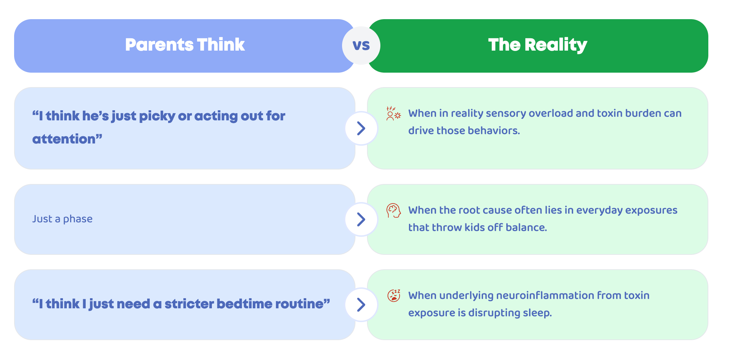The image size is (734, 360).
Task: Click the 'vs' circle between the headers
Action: coord(361,46)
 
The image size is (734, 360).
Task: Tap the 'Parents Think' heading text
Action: coord(185,45)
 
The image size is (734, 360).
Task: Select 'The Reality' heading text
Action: coord(538,45)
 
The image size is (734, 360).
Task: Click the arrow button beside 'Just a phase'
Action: coord(361,219)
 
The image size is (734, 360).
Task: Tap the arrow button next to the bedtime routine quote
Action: coord(361,305)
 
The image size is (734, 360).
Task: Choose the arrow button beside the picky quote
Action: coord(361,128)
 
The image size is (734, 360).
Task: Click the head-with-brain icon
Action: coord(394,211)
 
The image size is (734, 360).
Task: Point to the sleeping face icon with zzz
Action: coord(394,295)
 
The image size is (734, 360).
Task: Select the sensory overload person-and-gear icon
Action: coord(394,113)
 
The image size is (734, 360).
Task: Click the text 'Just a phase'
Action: coord(62,219)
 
